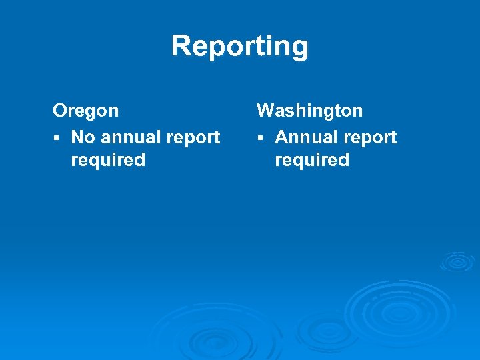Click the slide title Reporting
click(x=240, y=47)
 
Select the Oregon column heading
click(x=86, y=111)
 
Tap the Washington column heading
click(x=310, y=110)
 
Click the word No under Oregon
click(x=83, y=137)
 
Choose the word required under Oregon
click(x=108, y=161)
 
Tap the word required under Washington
click(x=312, y=161)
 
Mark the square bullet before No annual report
click(x=57, y=138)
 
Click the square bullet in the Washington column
click(x=261, y=138)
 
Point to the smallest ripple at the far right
click(x=457, y=261)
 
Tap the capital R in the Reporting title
click(x=181, y=47)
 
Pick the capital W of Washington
click(x=266, y=110)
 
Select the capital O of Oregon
click(x=60, y=110)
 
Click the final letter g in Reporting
click(x=299, y=49)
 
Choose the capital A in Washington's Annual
click(x=281, y=137)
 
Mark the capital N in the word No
click(x=77, y=137)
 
